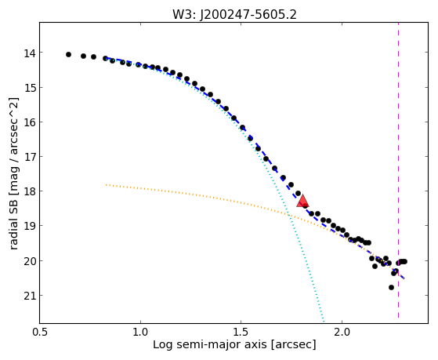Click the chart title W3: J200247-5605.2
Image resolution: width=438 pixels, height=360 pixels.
click(x=234, y=14)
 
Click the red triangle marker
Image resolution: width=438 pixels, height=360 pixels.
click(x=302, y=201)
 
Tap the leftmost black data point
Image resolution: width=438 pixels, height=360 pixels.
click(x=68, y=55)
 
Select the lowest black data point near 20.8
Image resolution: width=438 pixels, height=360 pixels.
click(x=391, y=287)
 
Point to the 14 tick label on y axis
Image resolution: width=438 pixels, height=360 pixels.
click(x=30, y=53)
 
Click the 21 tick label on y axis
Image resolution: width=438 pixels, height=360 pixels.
click(x=30, y=296)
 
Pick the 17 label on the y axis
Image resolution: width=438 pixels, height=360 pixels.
click(x=30, y=157)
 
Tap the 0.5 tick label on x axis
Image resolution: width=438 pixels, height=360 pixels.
click(x=40, y=332)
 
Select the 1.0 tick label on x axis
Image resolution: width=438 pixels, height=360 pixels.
click(x=140, y=332)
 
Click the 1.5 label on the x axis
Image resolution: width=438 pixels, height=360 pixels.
click(x=241, y=332)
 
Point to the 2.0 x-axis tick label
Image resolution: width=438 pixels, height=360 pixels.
click(x=342, y=332)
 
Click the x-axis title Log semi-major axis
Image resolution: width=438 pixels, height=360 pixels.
click(x=210, y=344)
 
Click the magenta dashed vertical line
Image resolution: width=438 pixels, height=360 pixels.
click(x=398, y=171)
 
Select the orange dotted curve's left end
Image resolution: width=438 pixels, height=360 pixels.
click(x=106, y=185)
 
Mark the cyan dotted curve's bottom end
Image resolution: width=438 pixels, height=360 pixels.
click(x=324, y=321)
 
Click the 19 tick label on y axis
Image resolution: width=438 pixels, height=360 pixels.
click(x=30, y=226)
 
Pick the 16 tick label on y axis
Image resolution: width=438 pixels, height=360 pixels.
click(x=30, y=122)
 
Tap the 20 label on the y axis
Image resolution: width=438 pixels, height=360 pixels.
click(x=30, y=261)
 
